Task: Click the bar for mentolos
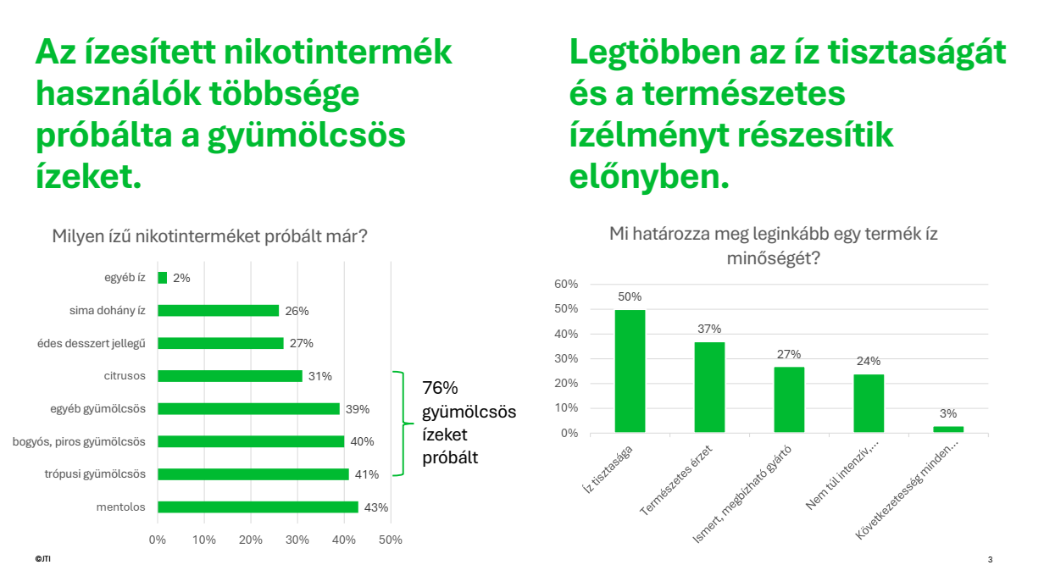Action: point(258,507)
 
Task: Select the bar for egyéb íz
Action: point(162,278)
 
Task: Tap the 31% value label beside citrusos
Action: point(319,376)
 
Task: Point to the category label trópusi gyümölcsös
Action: point(95,474)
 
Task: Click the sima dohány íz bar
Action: point(218,311)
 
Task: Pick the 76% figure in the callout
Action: point(440,388)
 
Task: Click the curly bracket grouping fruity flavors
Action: point(399,424)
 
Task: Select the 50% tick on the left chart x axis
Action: point(390,540)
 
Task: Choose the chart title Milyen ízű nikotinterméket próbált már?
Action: point(209,235)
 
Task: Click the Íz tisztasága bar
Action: point(630,371)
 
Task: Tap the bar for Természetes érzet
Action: point(709,387)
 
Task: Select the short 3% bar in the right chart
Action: point(948,429)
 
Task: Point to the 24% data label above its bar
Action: point(869,361)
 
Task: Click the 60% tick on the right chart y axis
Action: point(565,285)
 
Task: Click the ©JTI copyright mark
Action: point(42,560)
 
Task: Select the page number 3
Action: point(990,560)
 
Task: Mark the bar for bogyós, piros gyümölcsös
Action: point(251,441)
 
